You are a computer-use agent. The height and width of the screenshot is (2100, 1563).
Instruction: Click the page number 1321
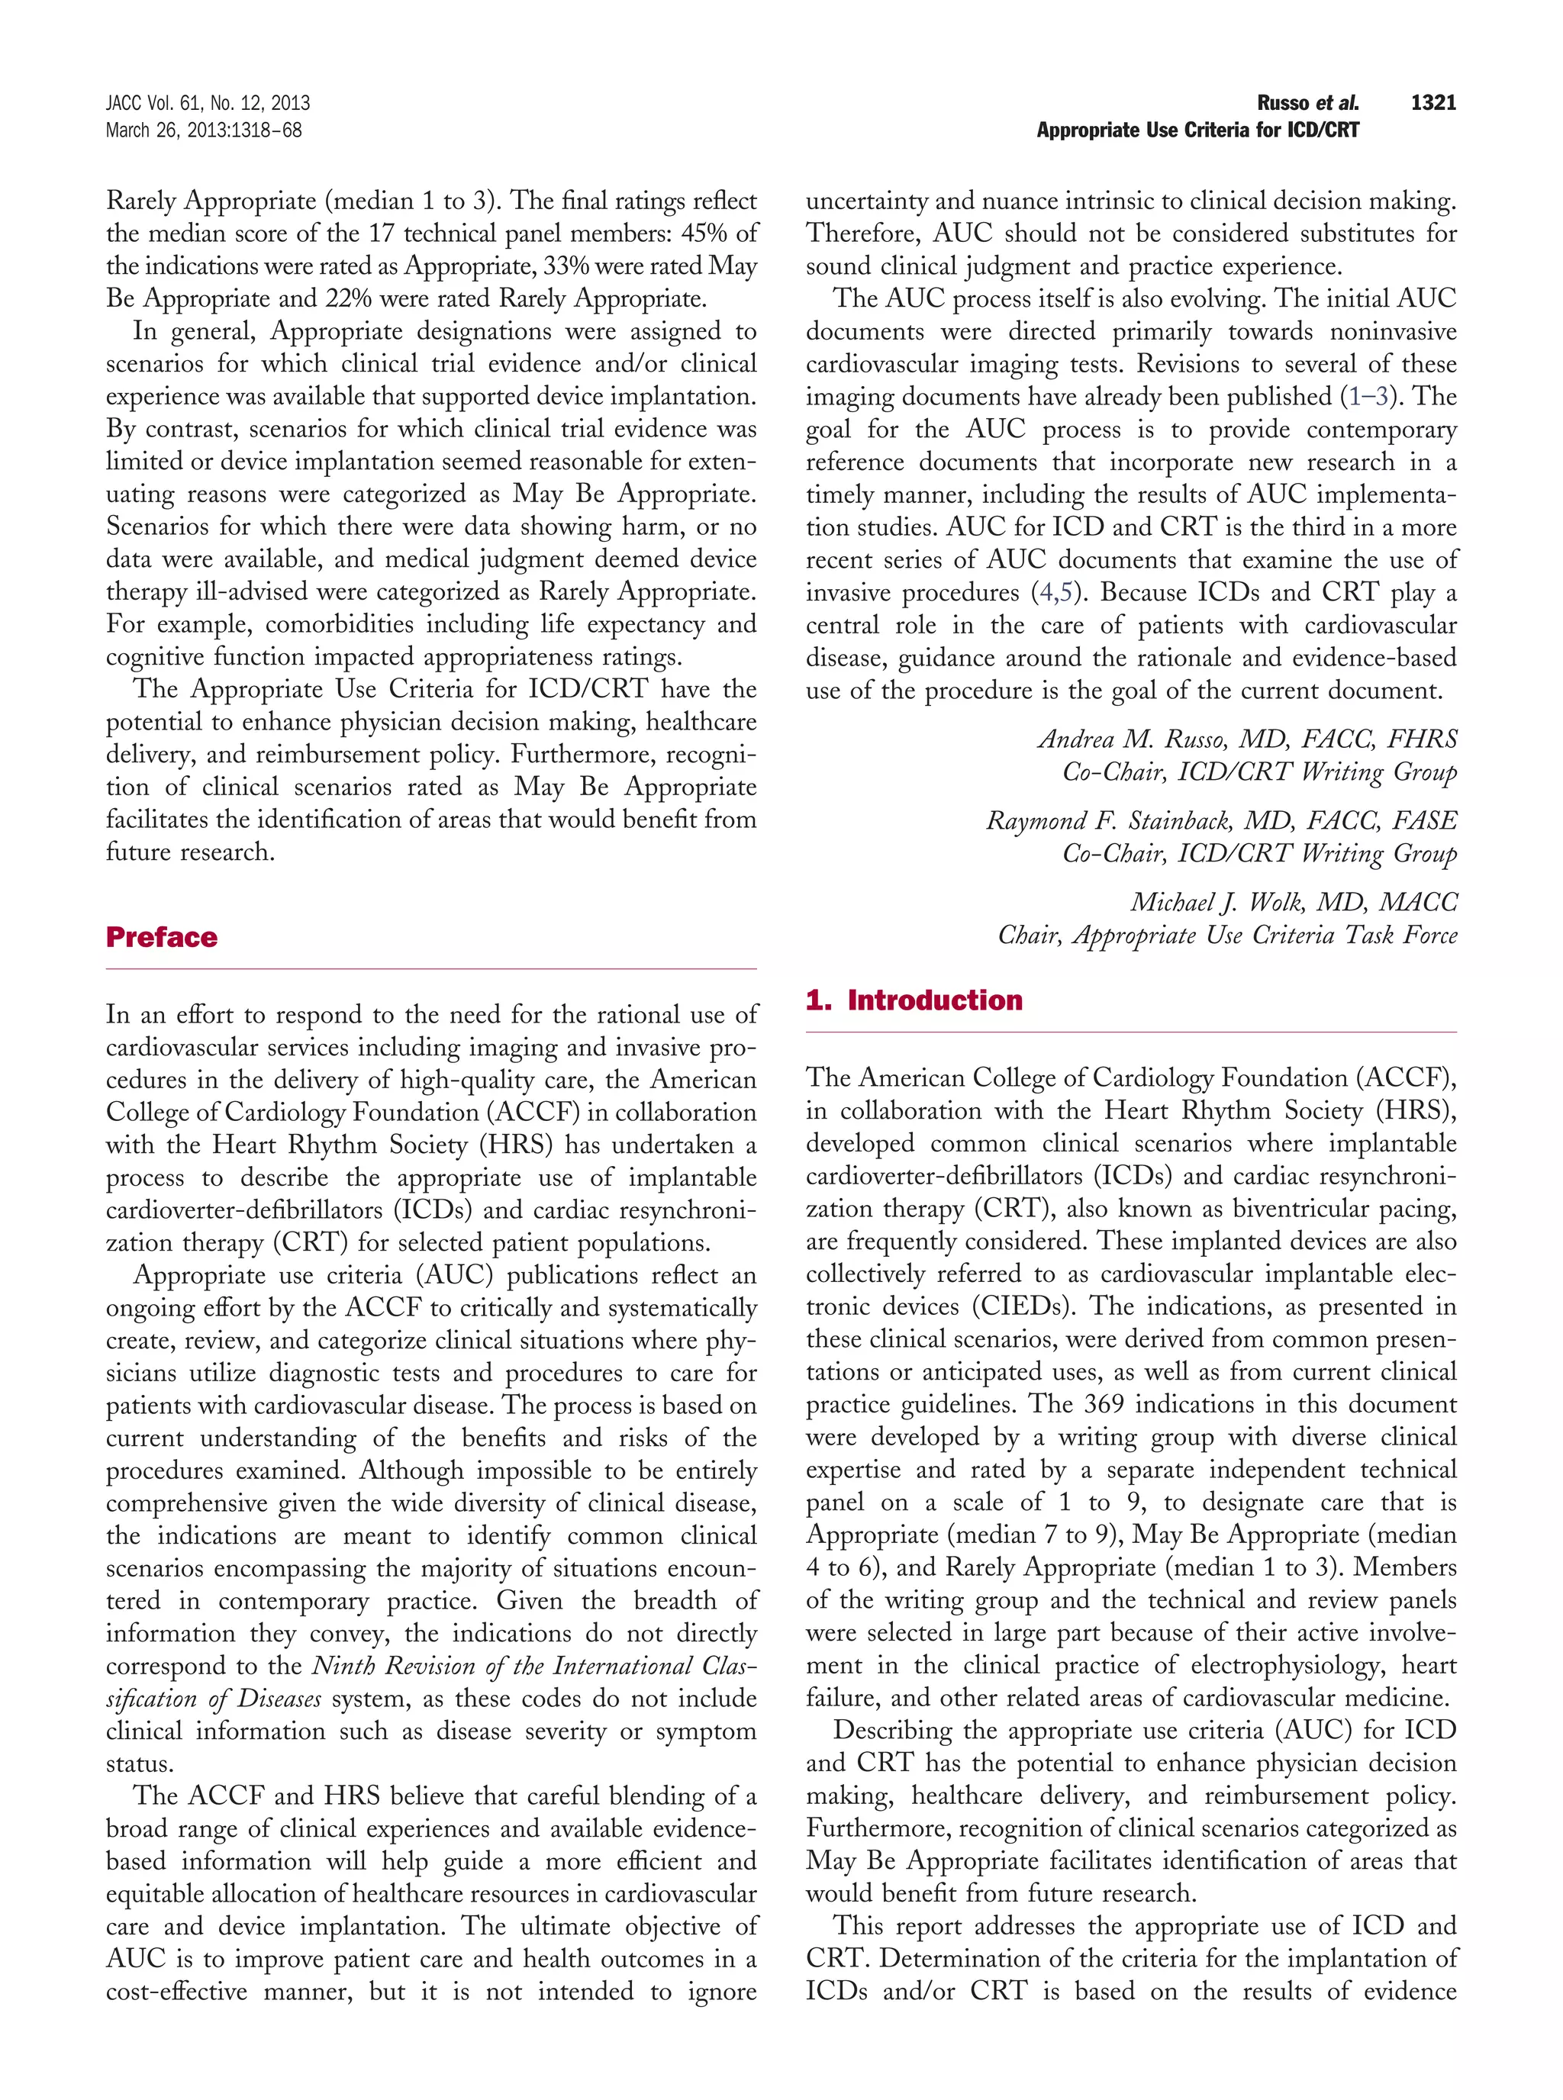(x=1432, y=103)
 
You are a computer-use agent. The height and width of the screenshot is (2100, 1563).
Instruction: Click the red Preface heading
(x=162, y=937)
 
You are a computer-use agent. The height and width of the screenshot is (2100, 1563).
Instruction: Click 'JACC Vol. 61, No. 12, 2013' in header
(x=207, y=103)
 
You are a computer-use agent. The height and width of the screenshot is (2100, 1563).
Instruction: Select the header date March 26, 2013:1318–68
(x=204, y=130)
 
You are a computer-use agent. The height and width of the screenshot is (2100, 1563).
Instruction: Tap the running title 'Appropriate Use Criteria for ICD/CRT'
(x=1197, y=130)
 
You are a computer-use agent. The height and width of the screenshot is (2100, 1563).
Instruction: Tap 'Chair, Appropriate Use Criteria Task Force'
(x=1227, y=935)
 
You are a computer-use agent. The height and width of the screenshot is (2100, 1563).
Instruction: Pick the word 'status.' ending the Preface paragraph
(x=139, y=1764)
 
